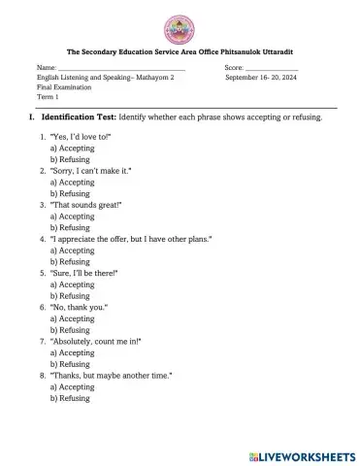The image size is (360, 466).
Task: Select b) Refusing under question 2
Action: [x=69, y=193]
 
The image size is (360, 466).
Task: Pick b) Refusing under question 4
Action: [x=69, y=261]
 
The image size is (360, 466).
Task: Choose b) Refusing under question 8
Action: [x=69, y=397]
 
